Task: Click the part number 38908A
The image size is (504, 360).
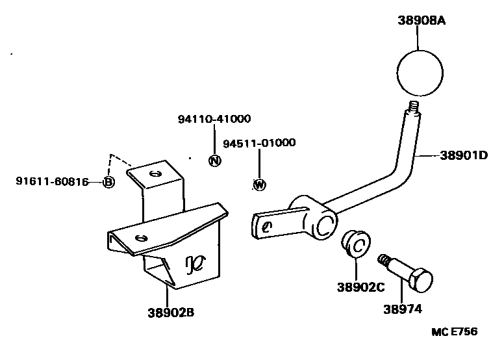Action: [422, 21]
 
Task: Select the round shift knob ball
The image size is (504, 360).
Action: [420, 73]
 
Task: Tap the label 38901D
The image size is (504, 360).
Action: [464, 156]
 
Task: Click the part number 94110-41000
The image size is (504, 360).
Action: [214, 119]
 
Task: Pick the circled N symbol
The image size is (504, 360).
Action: [215, 161]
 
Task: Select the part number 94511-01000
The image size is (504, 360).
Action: [259, 143]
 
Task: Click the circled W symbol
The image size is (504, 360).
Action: [259, 185]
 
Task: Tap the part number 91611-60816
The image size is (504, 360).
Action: [52, 182]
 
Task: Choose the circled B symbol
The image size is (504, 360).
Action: [108, 182]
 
